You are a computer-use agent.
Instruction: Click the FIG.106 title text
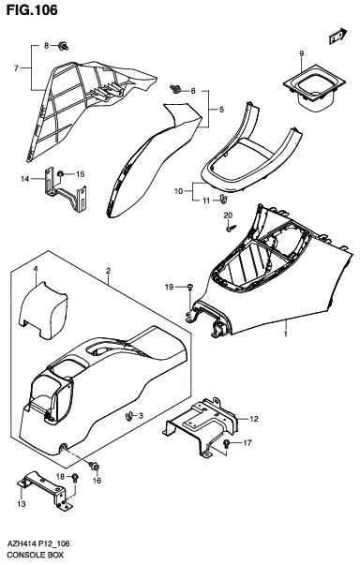(x=32, y=9)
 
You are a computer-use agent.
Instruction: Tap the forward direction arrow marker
(x=338, y=36)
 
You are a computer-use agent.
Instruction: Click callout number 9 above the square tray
(x=301, y=53)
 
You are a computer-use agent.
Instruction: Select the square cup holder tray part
(x=312, y=87)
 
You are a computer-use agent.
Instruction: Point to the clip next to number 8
(x=64, y=46)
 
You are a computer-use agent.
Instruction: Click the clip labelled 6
(x=176, y=89)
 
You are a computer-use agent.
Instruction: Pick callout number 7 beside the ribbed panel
(x=16, y=68)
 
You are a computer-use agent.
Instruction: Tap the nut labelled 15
(x=60, y=173)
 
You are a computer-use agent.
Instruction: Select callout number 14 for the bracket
(x=25, y=179)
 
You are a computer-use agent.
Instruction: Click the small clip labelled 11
(x=223, y=199)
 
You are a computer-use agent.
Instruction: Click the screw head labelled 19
(x=190, y=287)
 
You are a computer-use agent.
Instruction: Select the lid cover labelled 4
(x=43, y=310)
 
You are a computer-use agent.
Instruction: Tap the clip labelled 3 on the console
(x=127, y=416)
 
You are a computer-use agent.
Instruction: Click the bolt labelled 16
(x=95, y=467)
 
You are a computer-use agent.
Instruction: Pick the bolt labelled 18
(x=75, y=478)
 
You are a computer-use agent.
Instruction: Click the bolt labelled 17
(x=226, y=443)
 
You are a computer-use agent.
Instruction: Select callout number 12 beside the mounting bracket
(x=254, y=419)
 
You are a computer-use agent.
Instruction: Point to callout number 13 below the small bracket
(x=22, y=503)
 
